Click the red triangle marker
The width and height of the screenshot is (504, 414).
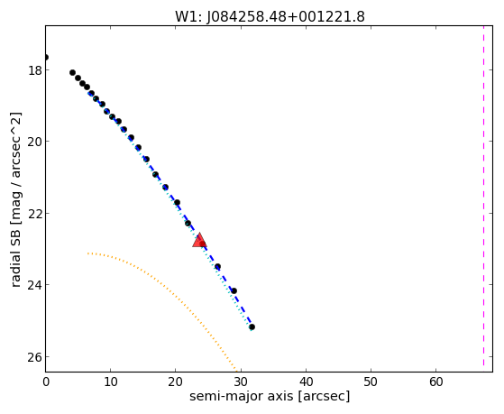pos(199,240)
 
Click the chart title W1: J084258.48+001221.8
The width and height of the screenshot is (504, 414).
pos(270,17)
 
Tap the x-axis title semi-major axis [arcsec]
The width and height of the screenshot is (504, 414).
pos(270,396)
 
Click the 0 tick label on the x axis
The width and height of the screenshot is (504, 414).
pos(46,382)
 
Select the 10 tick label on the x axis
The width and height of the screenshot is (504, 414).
pos(111,382)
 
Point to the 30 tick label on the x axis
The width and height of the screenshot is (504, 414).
pos(241,382)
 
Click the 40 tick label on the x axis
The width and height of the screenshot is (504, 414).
pos(306,382)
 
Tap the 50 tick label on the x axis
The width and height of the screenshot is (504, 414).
pos(371,382)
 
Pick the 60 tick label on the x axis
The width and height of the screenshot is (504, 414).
pos(436,382)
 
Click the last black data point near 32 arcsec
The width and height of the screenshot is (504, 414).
pos(252,327)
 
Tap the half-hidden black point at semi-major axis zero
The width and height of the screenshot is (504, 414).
pos(46,57)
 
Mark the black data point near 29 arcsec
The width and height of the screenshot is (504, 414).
pos(234,291)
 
